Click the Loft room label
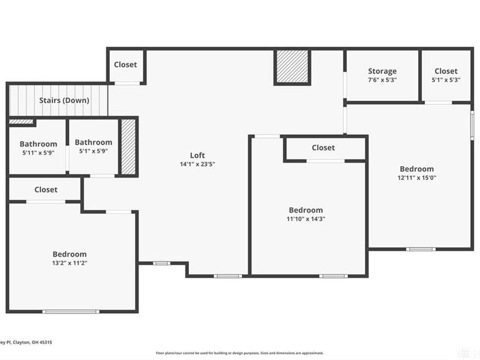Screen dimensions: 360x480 pos(197,155)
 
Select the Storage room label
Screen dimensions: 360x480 pos(382,71)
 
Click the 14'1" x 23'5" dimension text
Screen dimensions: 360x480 pos(197,164)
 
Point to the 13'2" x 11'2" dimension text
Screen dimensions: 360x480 pos(70,263)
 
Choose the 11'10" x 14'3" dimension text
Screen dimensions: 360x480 pos(306,219)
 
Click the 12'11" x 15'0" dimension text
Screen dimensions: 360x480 pos(416,178)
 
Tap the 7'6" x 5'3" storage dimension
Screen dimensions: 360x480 pos(382,80)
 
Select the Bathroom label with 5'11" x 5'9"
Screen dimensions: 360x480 pos(38,144)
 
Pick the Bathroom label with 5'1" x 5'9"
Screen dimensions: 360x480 pos(93,142)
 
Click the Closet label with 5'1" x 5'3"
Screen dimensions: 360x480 pos(446,71)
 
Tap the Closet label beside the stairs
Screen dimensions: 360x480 pos(125,65)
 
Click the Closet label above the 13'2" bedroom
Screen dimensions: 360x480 pos(46,190)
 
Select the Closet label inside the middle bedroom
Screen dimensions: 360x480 pos(323,148)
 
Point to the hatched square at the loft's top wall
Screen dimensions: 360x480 pos(292,67)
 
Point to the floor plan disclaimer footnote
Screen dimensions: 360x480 pos(239,353)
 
